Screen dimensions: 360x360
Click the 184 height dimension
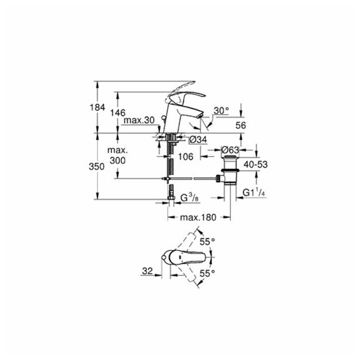[x=97, y=107]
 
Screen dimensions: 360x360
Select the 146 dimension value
[x=118, y=113]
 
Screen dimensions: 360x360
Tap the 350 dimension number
[x=97, y=166]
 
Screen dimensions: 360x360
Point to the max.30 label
[x=139, y=121]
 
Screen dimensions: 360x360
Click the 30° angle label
[x=221, y=111]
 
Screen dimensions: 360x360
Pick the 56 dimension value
[x=241, y=125]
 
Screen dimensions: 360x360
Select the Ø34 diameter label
[x=198, y=139]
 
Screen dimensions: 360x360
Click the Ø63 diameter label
[x=230, y=150]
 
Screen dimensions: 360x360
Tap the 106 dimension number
[x=186, y=157]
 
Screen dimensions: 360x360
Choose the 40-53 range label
[x=256, y=164]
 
